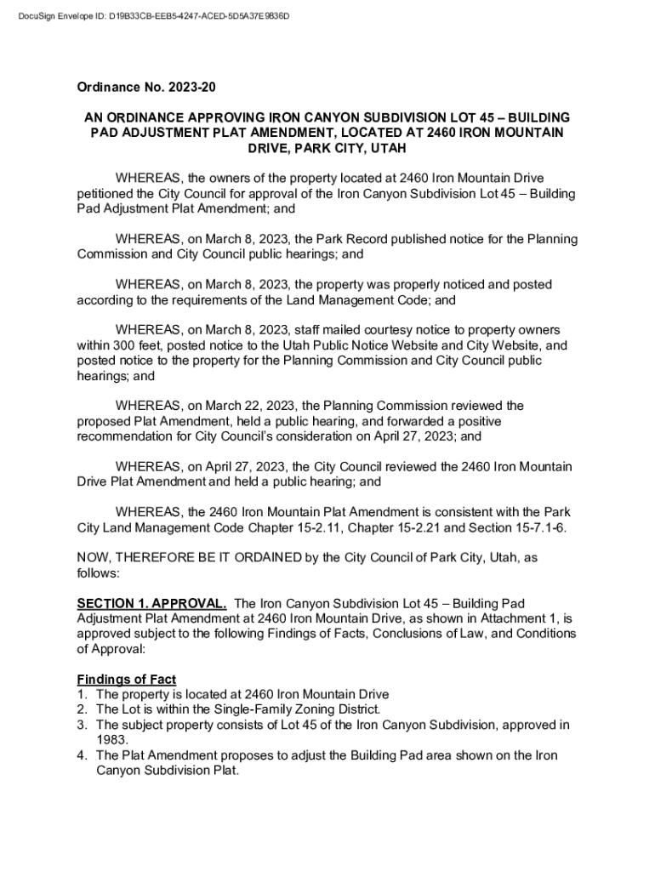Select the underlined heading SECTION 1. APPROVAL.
(151, 603)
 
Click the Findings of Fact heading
(127, 679)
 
